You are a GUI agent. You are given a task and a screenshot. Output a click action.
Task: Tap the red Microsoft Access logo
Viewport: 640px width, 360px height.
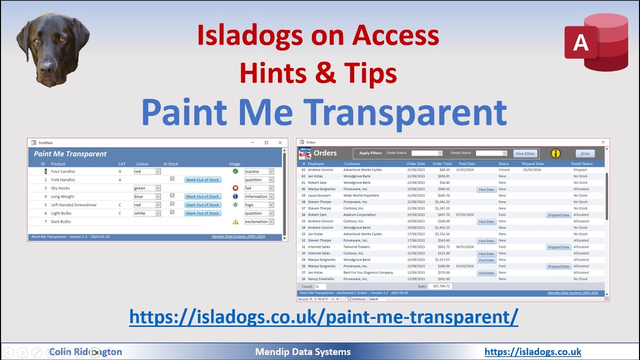click(596, 43)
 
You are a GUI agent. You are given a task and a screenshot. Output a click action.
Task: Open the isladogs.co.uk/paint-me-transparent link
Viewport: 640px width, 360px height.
click(323, 316)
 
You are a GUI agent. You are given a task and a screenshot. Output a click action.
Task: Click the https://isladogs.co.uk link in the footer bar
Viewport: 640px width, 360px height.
click(533, 352)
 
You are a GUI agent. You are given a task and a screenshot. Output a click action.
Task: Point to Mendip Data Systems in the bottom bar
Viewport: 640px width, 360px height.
click(303, 352)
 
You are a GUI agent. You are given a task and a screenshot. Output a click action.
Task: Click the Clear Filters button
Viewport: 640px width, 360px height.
click(525, 153)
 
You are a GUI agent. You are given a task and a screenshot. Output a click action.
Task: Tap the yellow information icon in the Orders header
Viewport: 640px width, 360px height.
click(555, 153)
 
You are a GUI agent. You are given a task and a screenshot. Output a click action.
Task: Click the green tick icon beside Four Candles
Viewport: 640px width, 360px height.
click(235, 171)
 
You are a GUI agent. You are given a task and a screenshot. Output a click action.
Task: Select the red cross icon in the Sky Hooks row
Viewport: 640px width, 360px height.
click(235, 188)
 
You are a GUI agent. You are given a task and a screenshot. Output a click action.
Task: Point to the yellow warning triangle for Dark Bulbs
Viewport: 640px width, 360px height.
click(235, 221)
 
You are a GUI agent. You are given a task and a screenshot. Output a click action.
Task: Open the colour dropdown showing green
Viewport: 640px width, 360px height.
click(158, 188)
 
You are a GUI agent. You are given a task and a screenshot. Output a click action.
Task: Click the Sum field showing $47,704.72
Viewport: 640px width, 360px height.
click(440, 286)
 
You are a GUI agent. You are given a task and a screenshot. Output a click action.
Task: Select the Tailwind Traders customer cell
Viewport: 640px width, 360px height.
click(356, 247)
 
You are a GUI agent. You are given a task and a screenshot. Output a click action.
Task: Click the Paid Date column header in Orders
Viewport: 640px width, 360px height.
click(467, 163)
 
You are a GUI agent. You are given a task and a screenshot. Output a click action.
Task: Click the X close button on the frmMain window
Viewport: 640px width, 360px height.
click(280, 142)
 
